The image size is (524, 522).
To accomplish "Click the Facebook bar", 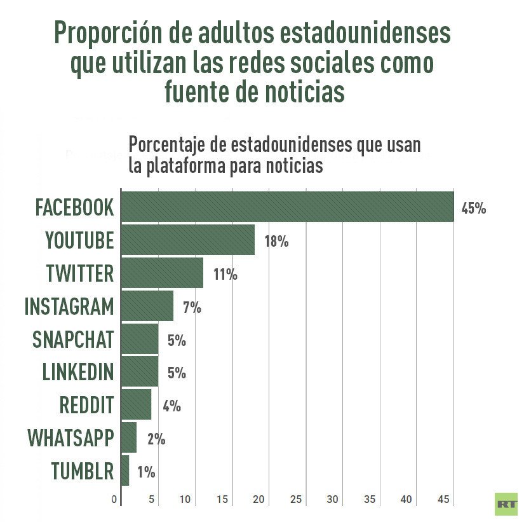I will click(x=287, y=207).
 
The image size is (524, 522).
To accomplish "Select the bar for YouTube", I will click(x=187, y=240).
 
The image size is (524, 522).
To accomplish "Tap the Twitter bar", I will click(x=162, y=273).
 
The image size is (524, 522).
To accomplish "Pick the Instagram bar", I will click(x=147, y=306).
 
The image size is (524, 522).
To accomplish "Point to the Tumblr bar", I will click(x=124, y=471).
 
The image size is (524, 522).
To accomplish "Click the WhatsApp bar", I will click(x=128, y=438).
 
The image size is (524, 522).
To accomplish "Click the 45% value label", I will click(x=474, y=208).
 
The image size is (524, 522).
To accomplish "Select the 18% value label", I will click(x=276, y=242).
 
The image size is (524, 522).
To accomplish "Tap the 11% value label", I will click(x=225, y=275).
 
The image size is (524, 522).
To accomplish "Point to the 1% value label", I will click(x=146, y=472).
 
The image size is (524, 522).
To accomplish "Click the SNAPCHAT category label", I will click(x=73, y=340).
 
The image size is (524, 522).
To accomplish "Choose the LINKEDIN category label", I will click(x=77, y=372).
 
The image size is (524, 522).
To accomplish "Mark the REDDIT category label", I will click(x=86, y=405).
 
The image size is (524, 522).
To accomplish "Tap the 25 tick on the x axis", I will click(x=295, y=500).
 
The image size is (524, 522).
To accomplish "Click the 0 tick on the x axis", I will click(x=114, y=500).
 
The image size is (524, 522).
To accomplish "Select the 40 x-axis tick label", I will click(x=406, y=500).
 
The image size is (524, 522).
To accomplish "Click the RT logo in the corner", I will click(x=506, y=504).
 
